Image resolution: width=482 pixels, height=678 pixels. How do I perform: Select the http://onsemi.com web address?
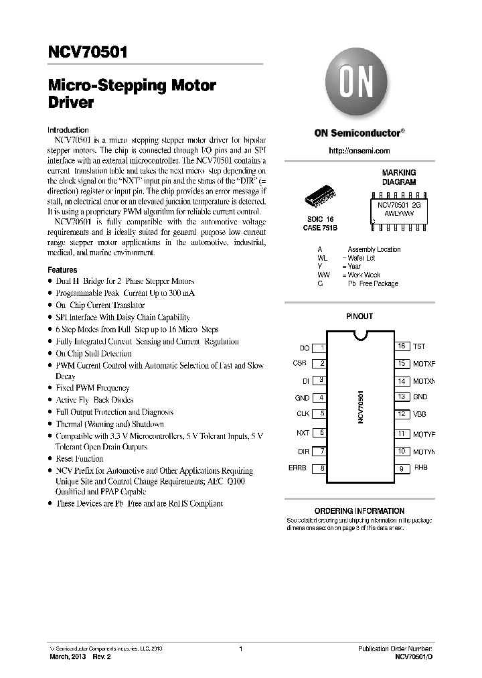(x=359, y=151)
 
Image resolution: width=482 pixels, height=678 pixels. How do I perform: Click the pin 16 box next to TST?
(x=402, y=346)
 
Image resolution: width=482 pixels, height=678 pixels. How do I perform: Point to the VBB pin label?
(x=420, y=414)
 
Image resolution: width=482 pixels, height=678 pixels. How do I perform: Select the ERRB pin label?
(x=297, y=468)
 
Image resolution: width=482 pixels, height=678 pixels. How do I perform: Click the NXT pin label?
(x=303, y=433)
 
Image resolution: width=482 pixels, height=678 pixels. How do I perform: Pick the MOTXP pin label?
(x=424, y=364)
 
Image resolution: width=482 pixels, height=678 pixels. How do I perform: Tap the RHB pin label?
(x=420, y=468)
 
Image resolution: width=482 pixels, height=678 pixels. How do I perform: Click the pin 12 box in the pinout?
(x=402, y=414)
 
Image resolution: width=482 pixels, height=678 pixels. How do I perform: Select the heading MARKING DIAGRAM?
(x=399, y=178)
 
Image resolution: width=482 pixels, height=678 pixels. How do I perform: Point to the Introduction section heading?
(x=68, y=130)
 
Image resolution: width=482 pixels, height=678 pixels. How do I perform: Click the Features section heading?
(x=62, y=269)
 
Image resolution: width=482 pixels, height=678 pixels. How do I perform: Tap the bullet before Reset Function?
(x=50, y=459)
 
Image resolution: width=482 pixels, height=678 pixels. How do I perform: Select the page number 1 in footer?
(x=240, y=649)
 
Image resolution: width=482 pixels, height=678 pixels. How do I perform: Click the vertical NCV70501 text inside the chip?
(x=360, y=407)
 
